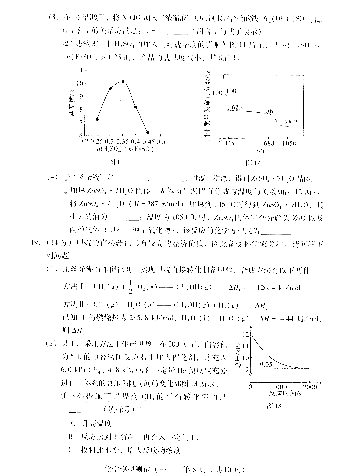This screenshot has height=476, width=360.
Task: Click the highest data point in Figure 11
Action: [123, 82]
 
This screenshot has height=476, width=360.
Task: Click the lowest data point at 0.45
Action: [148, 132]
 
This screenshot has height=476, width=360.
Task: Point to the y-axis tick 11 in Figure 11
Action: [79, 71]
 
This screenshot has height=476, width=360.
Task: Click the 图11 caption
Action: [116, 162]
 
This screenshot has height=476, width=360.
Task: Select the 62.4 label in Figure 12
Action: [237, 107]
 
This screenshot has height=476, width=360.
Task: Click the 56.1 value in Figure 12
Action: [272, 111]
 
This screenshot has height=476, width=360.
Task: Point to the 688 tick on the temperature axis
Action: [269, 143]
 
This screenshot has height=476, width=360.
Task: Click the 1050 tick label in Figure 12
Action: [289, 143]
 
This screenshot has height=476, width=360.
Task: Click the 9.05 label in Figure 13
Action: [266, 364]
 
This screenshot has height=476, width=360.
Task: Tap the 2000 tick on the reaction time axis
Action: [310, 387]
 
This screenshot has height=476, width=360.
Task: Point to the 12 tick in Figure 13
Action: [246, 334]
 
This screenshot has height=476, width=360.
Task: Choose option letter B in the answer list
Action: [71, 437]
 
